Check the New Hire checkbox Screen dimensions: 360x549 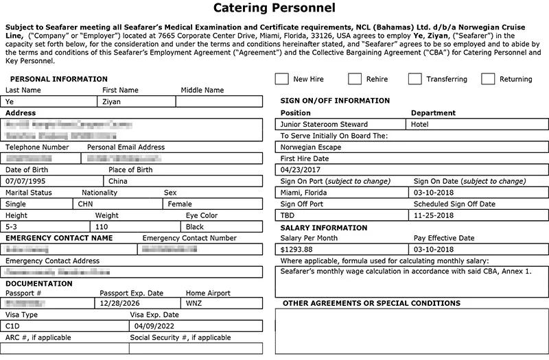[x=281, y=79]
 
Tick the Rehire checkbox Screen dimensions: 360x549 [x=355, y=79]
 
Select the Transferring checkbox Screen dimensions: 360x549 [x=414, y=79]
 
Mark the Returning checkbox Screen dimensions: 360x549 [x=488, y=79]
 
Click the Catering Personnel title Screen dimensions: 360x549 [x=274, y=9]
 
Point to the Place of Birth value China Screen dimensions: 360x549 [x=118, y=182]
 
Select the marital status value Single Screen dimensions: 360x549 [x=16, y=204]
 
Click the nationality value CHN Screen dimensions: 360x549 [x=85, y=204]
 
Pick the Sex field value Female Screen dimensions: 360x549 [x=179, y=204]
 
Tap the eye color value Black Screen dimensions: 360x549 [x=195, y=227]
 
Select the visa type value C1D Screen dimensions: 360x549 [x=13, y=326]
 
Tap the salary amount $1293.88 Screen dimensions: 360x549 [x=296, y=249]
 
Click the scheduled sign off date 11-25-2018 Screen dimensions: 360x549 [x=434, y=215]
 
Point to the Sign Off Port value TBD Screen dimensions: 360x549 [x=288, y=215]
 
